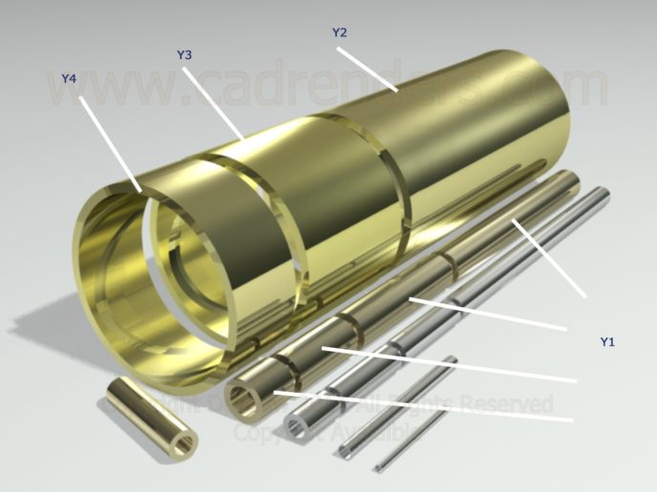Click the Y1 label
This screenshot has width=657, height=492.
click(x=607, y=340)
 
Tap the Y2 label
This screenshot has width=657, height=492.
click(x=339, y=32)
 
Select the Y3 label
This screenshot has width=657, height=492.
click(x=185, y=55)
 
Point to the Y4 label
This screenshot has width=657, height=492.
click(x=69, y=78)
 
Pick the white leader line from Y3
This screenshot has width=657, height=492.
click(x=215, y=104)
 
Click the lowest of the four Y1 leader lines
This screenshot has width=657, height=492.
click(x=420, y=406)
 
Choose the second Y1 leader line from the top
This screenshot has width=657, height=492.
click(x=487, y=314)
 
